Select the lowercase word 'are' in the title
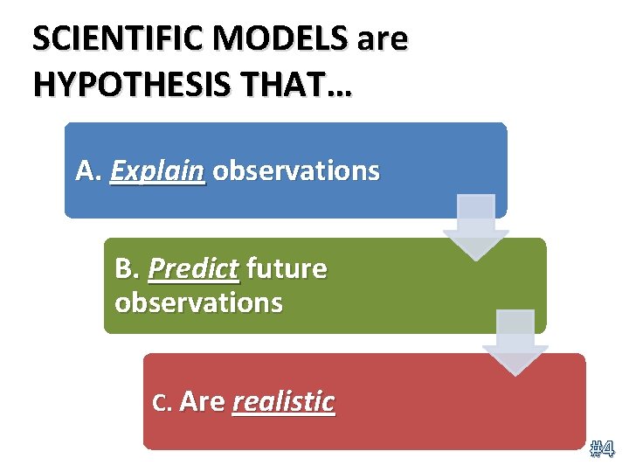pyautogui.click(x=383, y=40)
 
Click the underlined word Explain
pyautogui.click(x=158, y=171)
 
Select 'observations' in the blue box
pyautogui.click(x=296, y=170)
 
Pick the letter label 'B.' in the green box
pyautogui.click(x=128, y=269)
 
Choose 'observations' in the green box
pyautogui.click(x=198, y=302)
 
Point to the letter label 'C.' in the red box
pyautogui.click(x=162, y=402)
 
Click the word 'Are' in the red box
pyautogui.click(x=202, y=401)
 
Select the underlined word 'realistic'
pyautogui.click(x=284, y=402)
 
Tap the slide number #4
pyautogui.click(x=602, y=450)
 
